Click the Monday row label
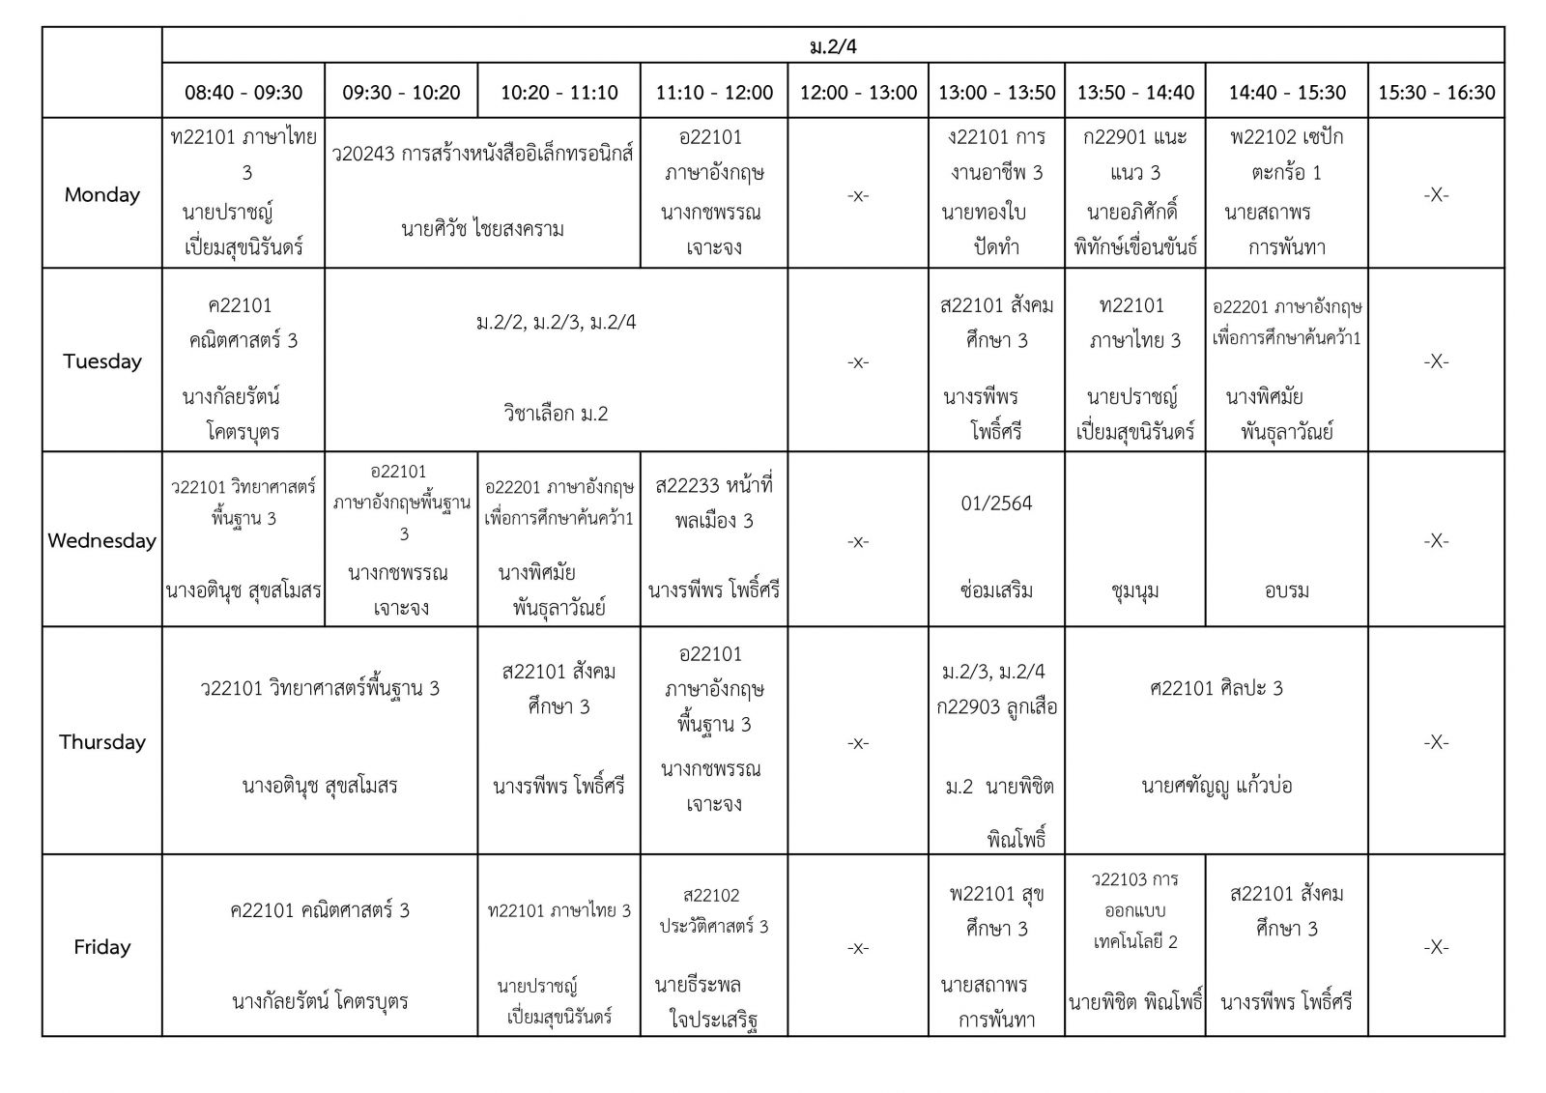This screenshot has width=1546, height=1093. [102, 194]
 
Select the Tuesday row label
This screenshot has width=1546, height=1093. [102, 360]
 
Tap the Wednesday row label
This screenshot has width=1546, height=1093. [101, 540]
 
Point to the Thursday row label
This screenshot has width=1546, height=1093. [102, 741]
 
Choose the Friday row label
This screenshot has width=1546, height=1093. [102, 947]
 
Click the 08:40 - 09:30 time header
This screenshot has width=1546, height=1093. [243, 93]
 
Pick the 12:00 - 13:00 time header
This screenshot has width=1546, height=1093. [858, 93]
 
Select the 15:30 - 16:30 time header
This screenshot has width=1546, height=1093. [1436, 93]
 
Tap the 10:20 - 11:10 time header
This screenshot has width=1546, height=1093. [558, 93]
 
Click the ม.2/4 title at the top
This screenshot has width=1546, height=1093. [833, 46]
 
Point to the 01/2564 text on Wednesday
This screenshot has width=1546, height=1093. [996, 503]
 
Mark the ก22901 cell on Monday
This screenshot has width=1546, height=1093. [1135, 192]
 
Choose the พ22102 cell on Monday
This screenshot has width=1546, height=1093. [1286, 192]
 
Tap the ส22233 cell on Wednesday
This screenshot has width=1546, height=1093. [714, 539]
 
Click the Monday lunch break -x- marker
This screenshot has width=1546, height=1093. [858, 195]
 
